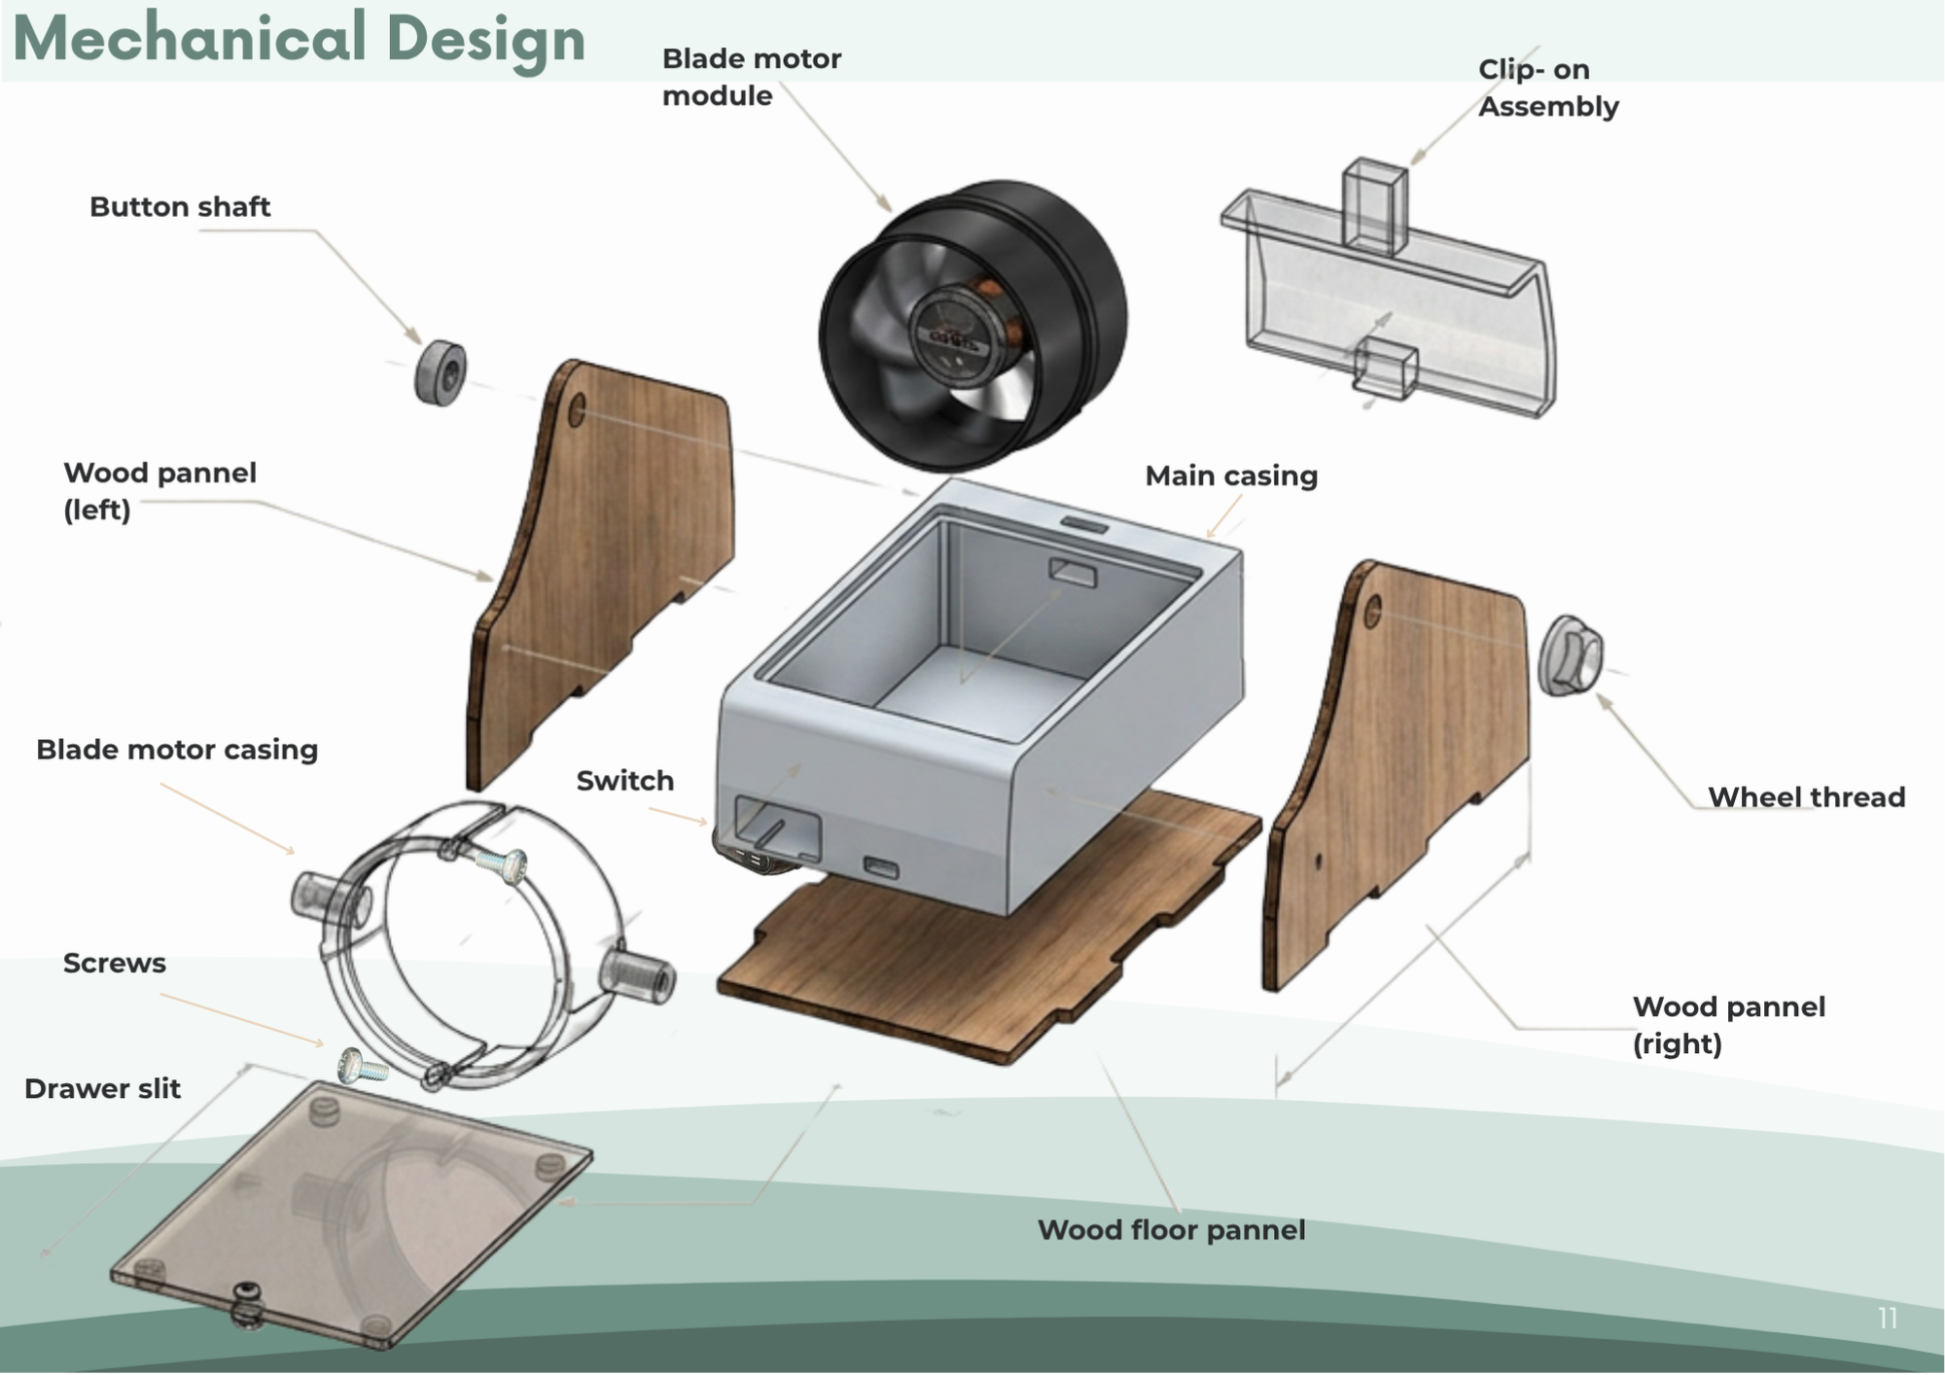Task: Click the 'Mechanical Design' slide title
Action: tap(300, 39)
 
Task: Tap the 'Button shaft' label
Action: tap(180, 207)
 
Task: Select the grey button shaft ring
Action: tap(441, 372)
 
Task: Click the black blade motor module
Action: tap(972, 326)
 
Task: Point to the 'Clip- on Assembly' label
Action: tap(1548, 88)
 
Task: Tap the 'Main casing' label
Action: tap(1231, 476)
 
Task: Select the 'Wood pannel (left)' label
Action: tap(159, 491)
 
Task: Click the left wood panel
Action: tap(600, 574)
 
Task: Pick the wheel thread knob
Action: tap(1570, 655)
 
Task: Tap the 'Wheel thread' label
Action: tap(1806, 797)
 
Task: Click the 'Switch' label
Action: tap(624, 781)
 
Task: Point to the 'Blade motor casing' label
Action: tap(177, 750)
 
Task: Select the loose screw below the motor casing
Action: tap(363, 1067)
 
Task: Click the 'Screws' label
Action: tap(115, 964)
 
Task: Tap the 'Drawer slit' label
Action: tap(102, 1089)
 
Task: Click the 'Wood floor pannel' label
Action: tap(1171, 1230)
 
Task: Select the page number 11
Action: tap(1888, 1318)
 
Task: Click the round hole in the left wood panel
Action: tap(576, 410)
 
